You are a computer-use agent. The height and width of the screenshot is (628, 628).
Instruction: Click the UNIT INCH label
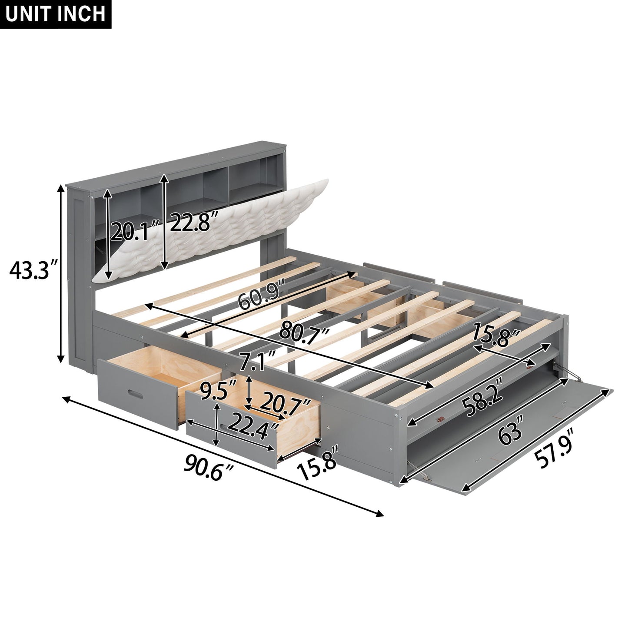(x=56, y=14)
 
